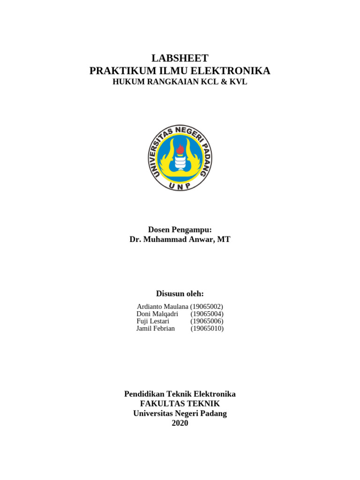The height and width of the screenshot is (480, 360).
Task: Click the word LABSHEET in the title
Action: [x=180, y=58]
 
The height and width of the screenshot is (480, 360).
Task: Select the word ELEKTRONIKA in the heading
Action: [x=237, y=71]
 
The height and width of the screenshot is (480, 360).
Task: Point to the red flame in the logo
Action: [x=180, y=150]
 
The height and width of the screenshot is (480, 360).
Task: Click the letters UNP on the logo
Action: [x=180, y=186]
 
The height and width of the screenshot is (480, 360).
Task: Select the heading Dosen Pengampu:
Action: [x=180, y=229]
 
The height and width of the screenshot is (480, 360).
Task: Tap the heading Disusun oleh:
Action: [x=180, y=293]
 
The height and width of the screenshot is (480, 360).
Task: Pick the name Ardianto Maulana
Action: [x=162, y=306]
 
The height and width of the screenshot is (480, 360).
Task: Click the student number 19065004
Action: [x=207, y=314]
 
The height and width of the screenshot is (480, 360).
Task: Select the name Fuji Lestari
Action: [x=153, y=321]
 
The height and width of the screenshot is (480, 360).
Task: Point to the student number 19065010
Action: [x=207, y=329]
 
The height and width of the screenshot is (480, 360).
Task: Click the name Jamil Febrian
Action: [x=155, y=329]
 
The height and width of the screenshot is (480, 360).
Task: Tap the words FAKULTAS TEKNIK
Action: [x=180, y=404]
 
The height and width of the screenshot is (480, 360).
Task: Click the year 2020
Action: [x=180, y=423]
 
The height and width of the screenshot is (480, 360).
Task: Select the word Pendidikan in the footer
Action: [x=142, y=394]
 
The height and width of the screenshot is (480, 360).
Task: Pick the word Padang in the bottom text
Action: [x=213, y=413]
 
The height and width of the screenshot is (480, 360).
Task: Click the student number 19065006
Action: [x=207, y=321]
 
